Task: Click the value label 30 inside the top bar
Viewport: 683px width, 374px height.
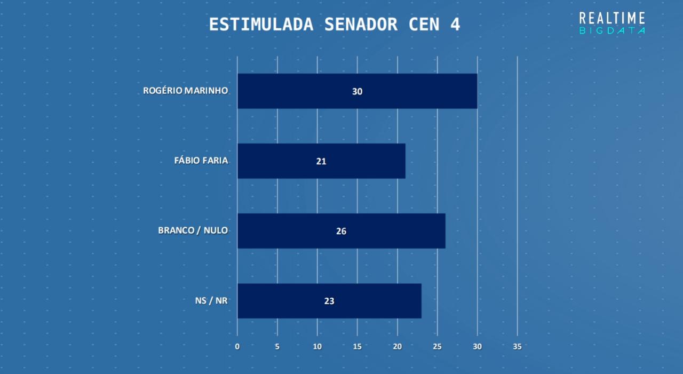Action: pyautogui.click(x=357, y=91)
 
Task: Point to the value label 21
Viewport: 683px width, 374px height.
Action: pyautogui.click(x=321, y=161)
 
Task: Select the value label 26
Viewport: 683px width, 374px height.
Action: pyautogui.click(x=341, y=231)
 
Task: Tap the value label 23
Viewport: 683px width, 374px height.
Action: pyautogui.click(x=329, y=301)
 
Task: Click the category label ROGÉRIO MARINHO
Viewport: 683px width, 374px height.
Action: pyautogui.click(x=186, y=91)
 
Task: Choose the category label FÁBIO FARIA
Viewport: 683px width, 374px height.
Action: pyautogui.click(x=201, y=161)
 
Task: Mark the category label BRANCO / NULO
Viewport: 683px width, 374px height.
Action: pyautogui.click(x=193, y=230)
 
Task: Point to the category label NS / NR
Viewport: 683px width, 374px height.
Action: pyautogui.click(x=212, y=300)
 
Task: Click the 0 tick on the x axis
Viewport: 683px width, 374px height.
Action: pyautogui.click(x=237, y=346)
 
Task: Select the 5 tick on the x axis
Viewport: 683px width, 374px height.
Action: pyautogui.click(x=277, y=346)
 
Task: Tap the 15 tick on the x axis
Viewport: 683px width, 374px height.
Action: pyautogui.click(x=357, y=346)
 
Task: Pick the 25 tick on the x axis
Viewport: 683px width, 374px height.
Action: pyautogui.click(x=437, y=346)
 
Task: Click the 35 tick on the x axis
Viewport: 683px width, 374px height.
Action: pyautogui.click(x=517, y=346)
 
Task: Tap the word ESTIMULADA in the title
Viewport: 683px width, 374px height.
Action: pyautogui.click(x=261, y=25)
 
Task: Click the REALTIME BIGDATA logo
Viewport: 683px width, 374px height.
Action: pyautogui.click(x=612, y=23)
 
